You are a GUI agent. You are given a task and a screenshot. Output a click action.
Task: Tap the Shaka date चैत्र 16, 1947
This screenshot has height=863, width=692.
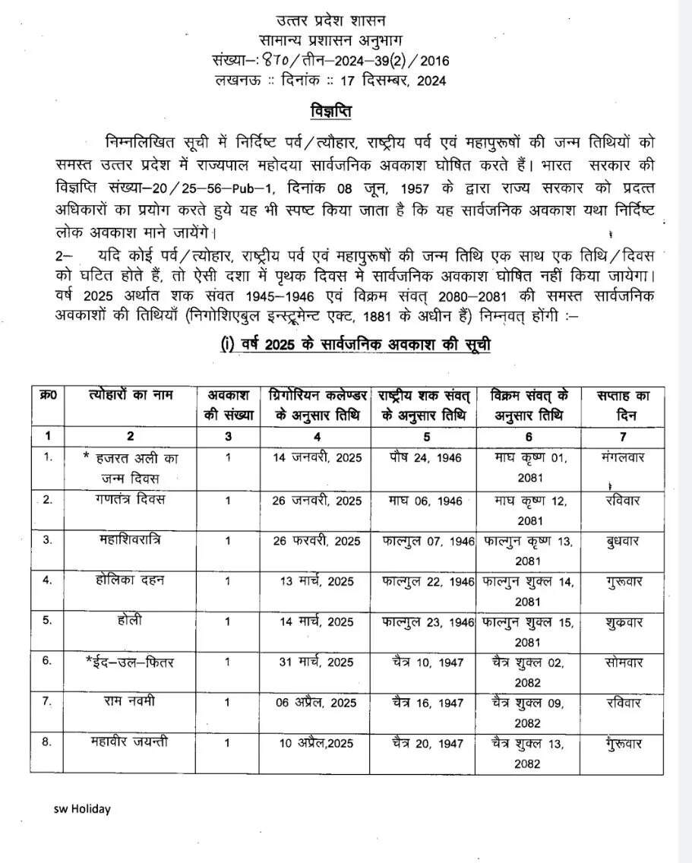point(423,703)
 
